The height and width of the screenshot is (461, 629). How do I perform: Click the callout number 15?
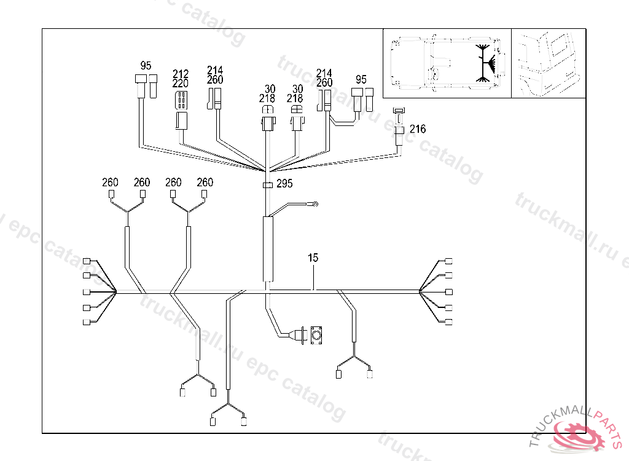313,258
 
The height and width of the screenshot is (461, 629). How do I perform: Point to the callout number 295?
284,183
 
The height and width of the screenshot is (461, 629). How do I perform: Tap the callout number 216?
418,129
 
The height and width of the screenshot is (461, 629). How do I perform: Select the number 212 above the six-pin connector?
181,74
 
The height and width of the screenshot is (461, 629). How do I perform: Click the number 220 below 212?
181,83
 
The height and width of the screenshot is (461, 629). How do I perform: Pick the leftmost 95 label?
146,65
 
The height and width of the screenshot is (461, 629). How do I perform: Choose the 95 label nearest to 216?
361,79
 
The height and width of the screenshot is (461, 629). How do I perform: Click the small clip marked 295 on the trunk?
268,184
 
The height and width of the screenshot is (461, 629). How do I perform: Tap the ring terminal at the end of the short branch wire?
314,204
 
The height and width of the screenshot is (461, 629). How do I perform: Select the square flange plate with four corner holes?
317,335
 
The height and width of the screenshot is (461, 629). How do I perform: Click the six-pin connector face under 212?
182,100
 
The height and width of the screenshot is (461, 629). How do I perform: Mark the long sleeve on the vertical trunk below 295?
268,249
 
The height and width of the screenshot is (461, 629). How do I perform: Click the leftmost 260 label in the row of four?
110,182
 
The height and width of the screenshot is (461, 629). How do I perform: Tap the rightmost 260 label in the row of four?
205,182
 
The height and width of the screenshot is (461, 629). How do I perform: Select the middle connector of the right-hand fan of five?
449,291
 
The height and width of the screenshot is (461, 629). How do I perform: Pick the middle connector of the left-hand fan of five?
87,292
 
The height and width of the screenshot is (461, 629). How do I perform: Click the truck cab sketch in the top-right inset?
548,63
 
